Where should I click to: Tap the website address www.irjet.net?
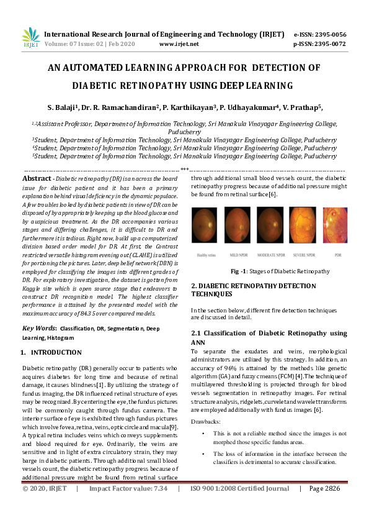click(179, 44)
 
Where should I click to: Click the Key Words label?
click(39, 327)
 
